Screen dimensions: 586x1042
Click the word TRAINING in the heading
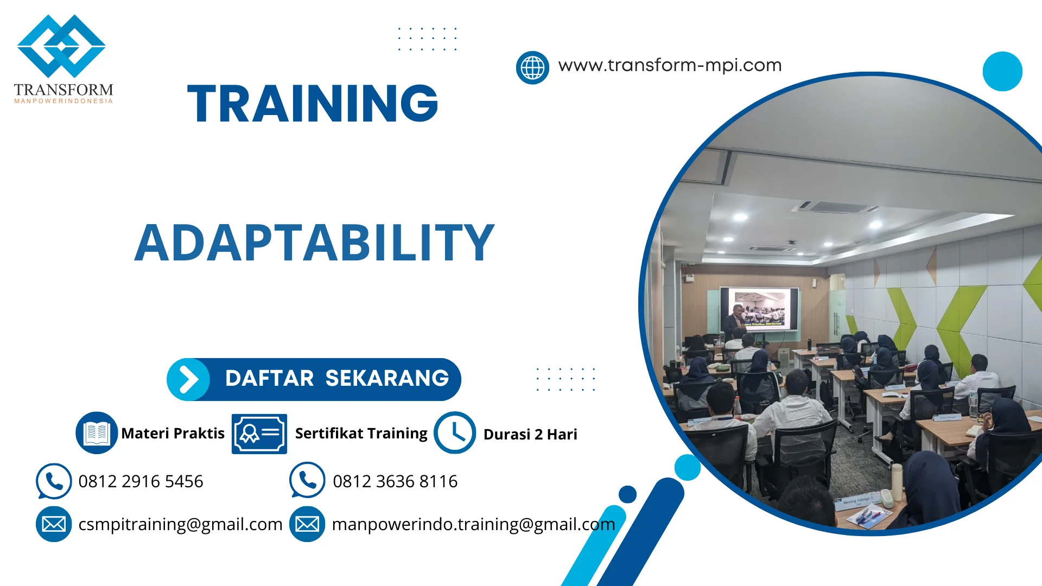tap(313, 103)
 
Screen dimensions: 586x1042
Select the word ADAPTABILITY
tap(314, 243)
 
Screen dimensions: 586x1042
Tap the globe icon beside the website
tap(532, 68)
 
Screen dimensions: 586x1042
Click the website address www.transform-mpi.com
tap(670, 65)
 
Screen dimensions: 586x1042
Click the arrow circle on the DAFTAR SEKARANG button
tap(188, 379)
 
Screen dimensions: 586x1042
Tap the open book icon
tap(97, 433)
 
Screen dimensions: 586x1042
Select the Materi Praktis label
tap(173, 434)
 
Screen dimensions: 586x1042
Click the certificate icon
tap(259, 434)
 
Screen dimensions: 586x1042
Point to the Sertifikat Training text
tap(361, 434)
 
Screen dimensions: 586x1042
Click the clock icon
tap(455, 433)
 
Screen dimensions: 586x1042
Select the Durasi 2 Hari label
tap(530, 435)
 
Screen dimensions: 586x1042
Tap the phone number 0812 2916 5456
tap(141, 481)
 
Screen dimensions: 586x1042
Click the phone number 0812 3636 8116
tap(395, 481)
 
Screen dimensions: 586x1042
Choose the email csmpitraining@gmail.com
tap(180, 524)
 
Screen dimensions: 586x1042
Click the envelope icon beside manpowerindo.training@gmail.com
tap(307, 524)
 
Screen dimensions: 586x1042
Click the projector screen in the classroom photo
tap(760, 308)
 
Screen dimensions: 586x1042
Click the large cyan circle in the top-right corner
tap(1002, 71)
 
